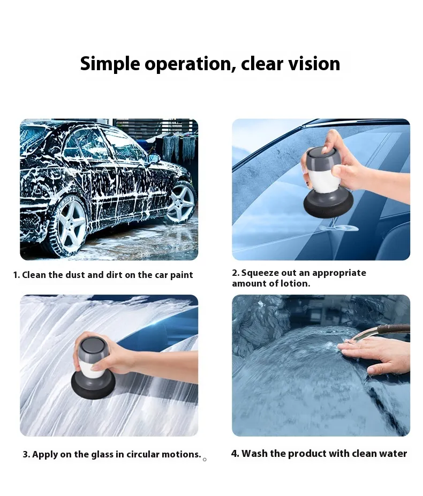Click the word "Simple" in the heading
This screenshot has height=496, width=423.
click(110, 64)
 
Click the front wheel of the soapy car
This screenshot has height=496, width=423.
click(182, 200)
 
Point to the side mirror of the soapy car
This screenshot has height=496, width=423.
click(154, 159)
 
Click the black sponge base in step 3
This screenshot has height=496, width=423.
click(94, 385)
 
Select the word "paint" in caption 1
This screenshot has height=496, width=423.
click(182, 275)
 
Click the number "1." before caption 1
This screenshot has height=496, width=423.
click(17, 275)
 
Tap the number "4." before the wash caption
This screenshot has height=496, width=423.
click(235, 454)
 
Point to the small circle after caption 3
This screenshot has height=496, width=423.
click(205, 459)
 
